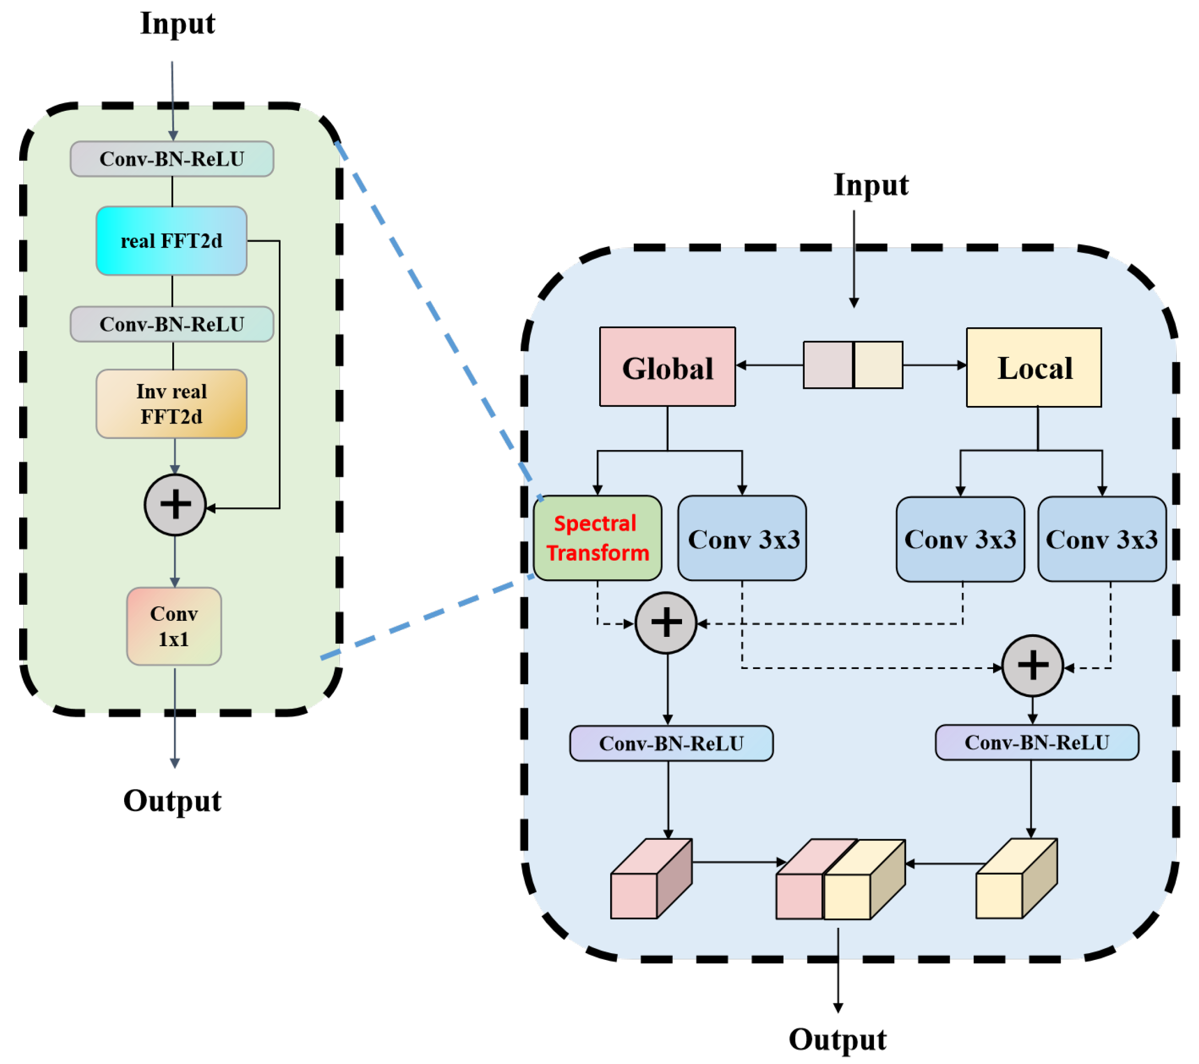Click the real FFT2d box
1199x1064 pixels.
pos(171,241)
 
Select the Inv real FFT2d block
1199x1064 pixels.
pos(171,404)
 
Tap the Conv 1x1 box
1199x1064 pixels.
pos(174,626)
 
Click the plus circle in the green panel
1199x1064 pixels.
pos(175,505)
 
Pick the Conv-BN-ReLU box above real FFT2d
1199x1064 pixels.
pos(171,159)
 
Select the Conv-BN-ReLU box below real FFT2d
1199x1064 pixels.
pos(171,324)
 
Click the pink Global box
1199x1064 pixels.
pos(667,367)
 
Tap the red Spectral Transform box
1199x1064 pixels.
pos(597,538)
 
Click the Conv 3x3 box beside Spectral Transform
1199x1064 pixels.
pos(742,538)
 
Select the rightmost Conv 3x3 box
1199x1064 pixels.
pos(1102,539)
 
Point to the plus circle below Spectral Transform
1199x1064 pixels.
pos(666,623)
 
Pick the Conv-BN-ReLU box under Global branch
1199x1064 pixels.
pos(671,743)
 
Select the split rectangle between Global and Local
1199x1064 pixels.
pos(852,365)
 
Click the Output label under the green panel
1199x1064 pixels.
pos(172,800)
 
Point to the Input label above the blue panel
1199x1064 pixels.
pos(871,185)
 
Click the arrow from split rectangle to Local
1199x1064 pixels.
pos(934,365)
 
